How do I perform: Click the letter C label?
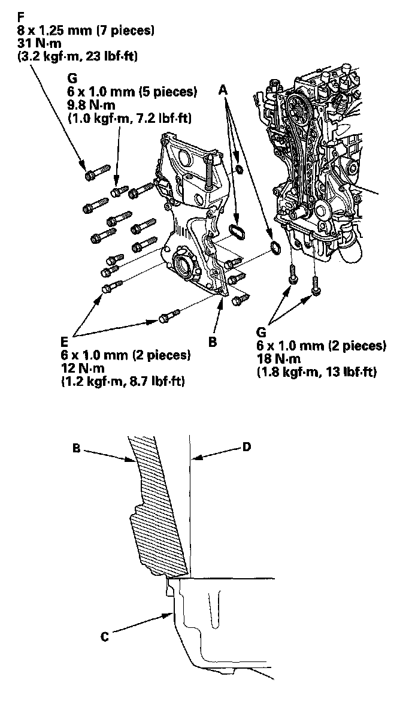click(104, 637)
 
